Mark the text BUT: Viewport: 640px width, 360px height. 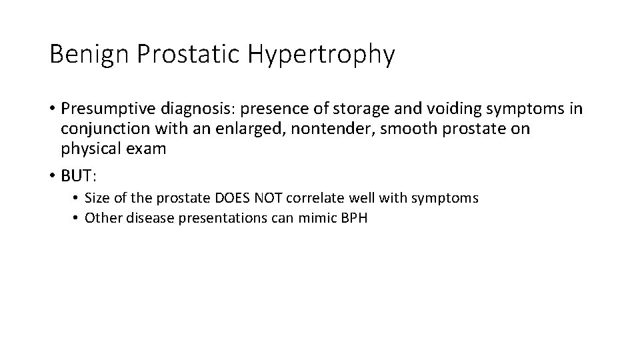coord(79,176)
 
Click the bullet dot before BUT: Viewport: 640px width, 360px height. coord(53,176)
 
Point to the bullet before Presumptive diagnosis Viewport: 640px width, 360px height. coord(53,109)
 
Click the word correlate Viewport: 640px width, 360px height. coord(309,199)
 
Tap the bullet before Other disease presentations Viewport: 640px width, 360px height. coord(77,218)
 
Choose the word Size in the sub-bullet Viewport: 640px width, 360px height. coord(96,199)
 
